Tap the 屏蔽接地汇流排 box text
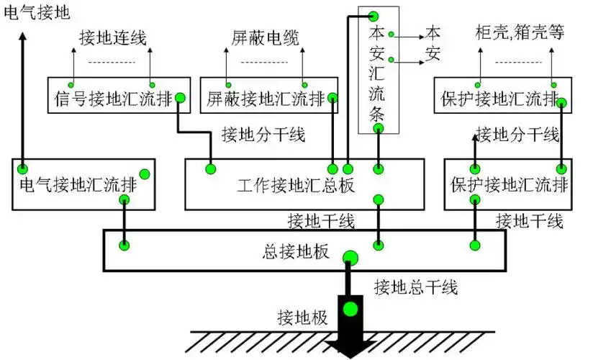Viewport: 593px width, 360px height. [265, 97]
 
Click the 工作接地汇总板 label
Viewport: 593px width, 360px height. [296, 185]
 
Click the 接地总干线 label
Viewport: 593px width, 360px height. [415, 288]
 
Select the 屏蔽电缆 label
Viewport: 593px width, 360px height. [265, 37]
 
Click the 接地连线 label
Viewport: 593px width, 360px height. [113, 37]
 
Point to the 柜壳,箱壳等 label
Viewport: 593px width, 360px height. [520, 33]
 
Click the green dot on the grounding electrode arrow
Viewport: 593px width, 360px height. [350, 310]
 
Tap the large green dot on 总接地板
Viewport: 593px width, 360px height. [350, 258]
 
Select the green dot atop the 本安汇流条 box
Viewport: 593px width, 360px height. [374, 16]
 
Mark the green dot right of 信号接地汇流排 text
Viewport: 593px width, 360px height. [180, 98]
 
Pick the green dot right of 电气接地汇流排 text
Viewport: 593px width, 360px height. [144, 174]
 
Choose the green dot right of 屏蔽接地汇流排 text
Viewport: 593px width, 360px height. [331, 98]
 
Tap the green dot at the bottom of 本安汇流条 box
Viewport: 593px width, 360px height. [379, 128]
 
